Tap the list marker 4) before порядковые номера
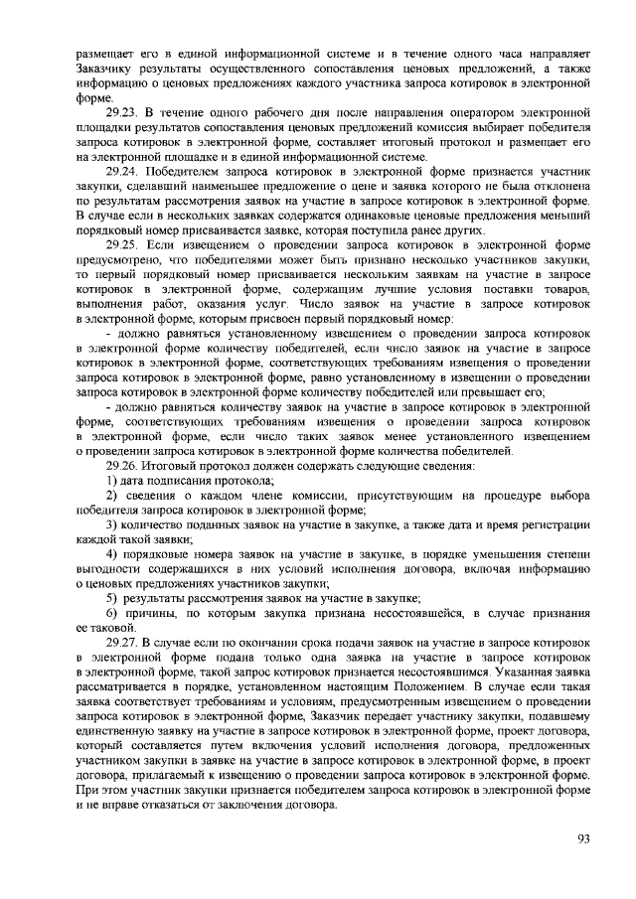[112, 552]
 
